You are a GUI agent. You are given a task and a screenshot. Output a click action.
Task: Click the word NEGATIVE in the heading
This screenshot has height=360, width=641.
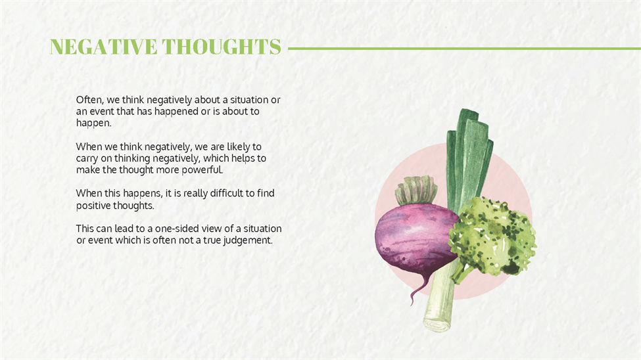click(103, 47)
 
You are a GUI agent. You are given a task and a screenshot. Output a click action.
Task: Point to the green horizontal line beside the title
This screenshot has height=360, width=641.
click(464, 49)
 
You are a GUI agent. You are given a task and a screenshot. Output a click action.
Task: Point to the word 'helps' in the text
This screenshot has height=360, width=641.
click(243, 158)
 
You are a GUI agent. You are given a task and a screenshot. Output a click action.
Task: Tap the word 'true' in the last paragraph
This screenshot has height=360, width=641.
click(212, 240)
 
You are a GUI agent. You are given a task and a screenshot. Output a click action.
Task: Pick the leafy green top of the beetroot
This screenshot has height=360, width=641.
click(415, 190)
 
